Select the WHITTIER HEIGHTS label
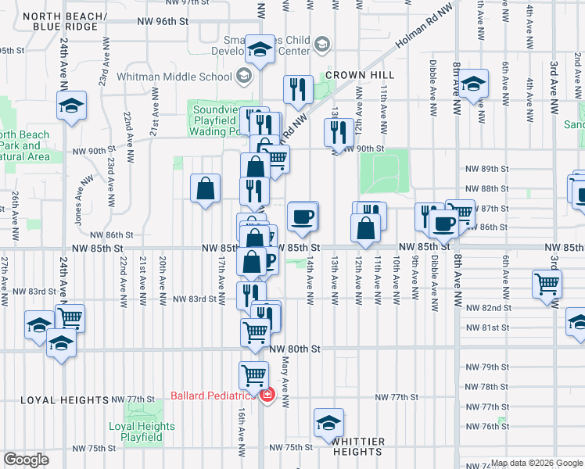click(x=357, y=447)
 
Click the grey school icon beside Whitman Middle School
click(x=243, y=76)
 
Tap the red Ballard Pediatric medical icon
click(x=267, y=396)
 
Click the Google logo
click(x=26, y=460)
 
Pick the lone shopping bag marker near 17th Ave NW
click(x=205, y=188)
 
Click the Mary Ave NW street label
click(x=285, y=388)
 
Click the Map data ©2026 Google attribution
click(x=537, y=463)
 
